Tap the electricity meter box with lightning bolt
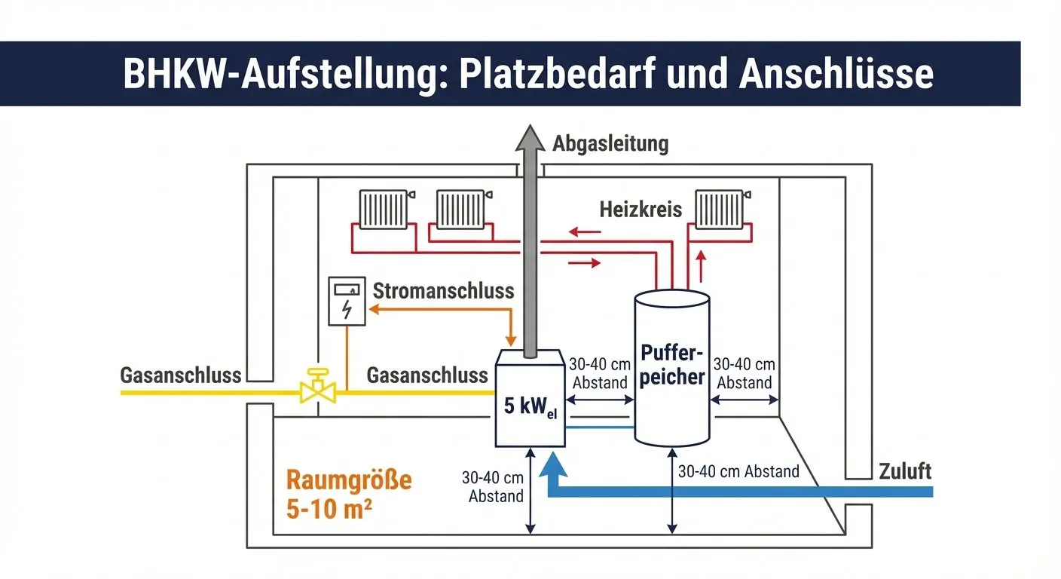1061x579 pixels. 346,302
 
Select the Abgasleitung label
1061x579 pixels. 610,143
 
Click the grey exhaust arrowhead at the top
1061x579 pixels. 530,141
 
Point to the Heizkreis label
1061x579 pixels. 641,209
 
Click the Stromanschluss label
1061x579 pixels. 443,290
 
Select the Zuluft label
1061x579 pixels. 905,472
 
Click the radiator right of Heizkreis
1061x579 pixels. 718,208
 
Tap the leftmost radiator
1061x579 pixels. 383,208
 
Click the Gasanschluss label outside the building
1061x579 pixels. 181,375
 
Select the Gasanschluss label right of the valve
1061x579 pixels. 427,375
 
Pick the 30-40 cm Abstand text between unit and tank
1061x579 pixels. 600,372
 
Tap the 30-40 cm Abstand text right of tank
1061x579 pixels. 744,372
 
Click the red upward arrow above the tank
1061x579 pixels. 702,265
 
